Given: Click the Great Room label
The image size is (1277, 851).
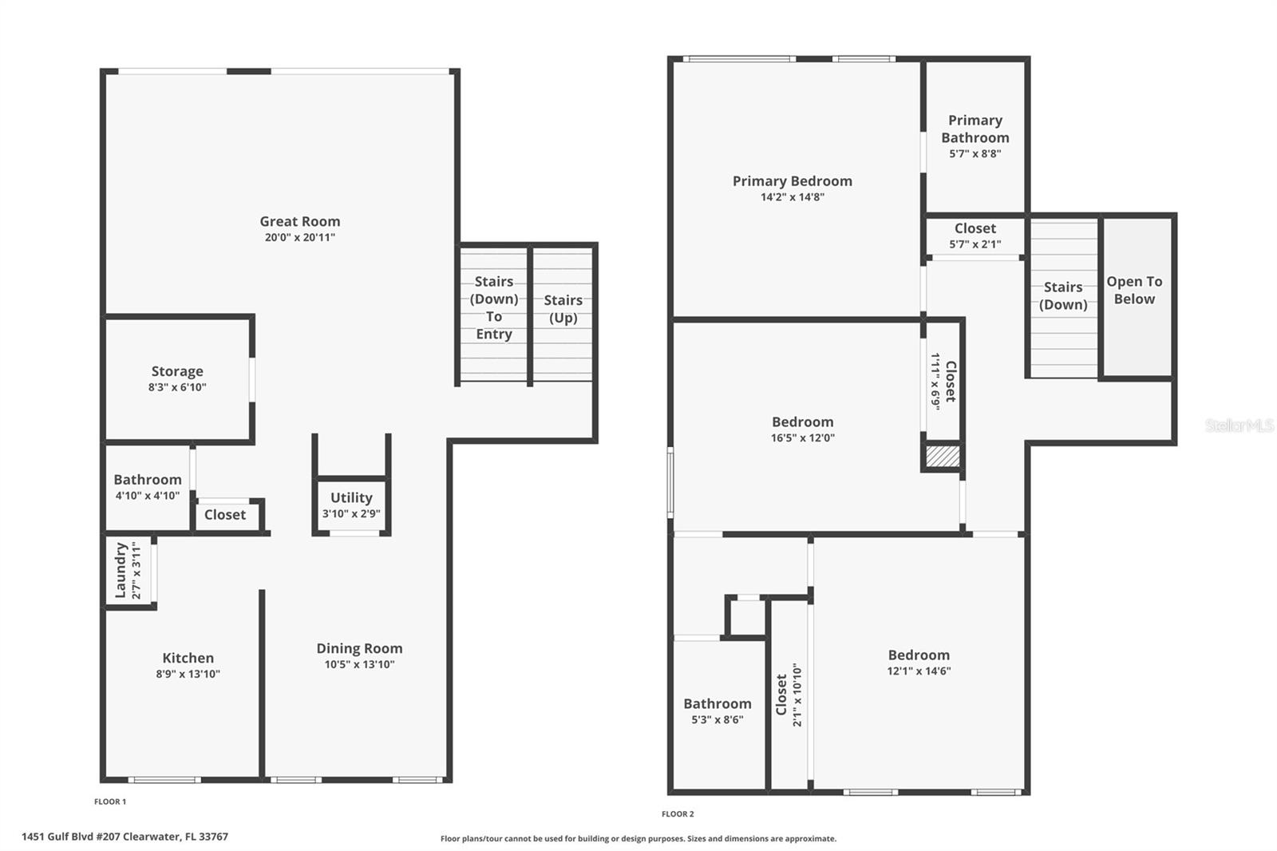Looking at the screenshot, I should (299, 222).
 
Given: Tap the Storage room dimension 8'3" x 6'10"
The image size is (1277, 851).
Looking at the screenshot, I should (177, 387).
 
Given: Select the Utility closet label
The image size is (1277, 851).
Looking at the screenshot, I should (351, 497).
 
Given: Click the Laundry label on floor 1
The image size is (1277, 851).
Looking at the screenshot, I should (121, 570).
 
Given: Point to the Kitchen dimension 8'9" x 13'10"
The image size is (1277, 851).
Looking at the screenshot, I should (188, 674).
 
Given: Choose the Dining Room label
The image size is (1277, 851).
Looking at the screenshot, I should (359, 648).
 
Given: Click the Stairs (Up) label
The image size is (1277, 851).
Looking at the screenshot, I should (563, 309).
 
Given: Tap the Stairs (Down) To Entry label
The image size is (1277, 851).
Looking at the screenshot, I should (494, 307).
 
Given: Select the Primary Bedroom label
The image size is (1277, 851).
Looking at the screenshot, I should (792, 181).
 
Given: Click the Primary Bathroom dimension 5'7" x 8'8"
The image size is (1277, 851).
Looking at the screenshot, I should (975, 154).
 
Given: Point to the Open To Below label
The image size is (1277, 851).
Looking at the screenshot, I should (1134, 290).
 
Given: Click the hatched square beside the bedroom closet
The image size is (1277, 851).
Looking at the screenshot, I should (943, 457).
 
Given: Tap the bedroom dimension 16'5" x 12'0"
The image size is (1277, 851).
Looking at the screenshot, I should (802, 437).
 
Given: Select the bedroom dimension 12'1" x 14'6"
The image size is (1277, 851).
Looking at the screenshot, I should (919, 671).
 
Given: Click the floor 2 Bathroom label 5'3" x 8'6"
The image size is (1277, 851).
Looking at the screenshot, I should (717, 703).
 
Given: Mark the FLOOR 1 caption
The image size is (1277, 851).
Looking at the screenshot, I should (110, 802).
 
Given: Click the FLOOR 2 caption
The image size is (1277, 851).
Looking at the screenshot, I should (678, 814).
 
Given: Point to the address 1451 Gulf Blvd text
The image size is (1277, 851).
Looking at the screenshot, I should (125, 837).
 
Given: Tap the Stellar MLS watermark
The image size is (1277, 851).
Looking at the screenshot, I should (1239, 425).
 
